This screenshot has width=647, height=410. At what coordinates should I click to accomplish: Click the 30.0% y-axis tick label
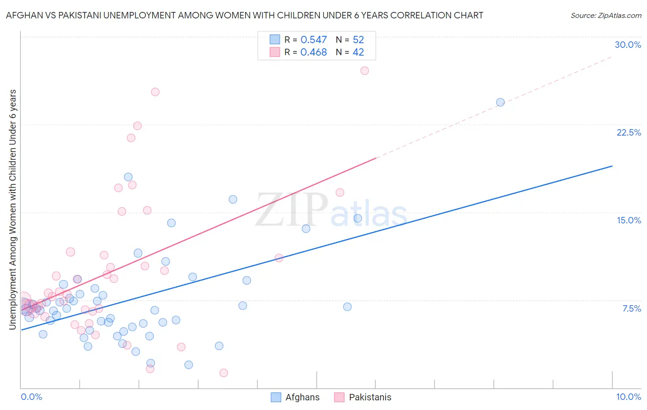point(628,45)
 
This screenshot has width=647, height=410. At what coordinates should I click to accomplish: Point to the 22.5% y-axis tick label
point(629,132)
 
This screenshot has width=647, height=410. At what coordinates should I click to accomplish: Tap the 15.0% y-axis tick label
point(629,220)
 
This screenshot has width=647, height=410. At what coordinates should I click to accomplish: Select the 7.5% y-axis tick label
point(631,308)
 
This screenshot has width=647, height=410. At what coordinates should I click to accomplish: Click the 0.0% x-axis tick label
point(31,397)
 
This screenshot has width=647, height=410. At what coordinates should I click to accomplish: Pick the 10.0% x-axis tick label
point(628,397)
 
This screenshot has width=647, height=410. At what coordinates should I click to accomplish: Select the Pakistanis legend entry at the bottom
point(363,397)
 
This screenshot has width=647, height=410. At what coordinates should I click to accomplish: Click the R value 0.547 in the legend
point(313,40)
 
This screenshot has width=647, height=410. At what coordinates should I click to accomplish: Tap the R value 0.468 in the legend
point(313,52)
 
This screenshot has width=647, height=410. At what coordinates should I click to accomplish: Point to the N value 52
point(358,40)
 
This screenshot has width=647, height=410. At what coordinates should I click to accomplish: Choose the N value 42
point(358,52)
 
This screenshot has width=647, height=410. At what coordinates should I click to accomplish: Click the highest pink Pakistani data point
point(364,71)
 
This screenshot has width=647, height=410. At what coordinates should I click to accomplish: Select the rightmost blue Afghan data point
point(500,102)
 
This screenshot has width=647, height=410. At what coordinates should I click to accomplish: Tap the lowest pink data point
point(224,373)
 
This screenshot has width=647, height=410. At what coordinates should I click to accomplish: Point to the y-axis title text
point(13,209)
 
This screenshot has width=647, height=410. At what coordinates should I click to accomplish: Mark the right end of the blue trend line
point(612,166)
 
